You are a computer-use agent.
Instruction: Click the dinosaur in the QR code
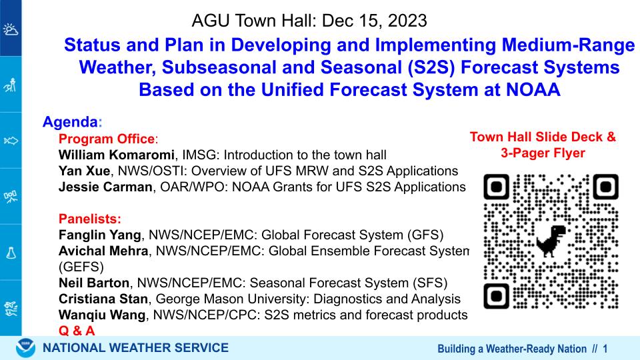coord(551,241)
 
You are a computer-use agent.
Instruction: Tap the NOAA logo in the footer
coord(26,348)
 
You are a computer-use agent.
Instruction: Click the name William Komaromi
coord(116,155)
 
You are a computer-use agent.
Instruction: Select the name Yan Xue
coord(84,171)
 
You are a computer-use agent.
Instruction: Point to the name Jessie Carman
coord(105,187)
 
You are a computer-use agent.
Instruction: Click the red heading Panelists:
coord(90,219)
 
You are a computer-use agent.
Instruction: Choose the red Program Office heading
coord(107,139)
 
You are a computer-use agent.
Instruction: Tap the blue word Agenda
coord(70,121)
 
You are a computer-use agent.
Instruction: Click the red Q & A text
coord(77,330)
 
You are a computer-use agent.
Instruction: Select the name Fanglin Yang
coord(99,235)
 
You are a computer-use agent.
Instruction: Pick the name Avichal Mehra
coord(103,251)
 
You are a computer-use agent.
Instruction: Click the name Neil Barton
coord(94,283)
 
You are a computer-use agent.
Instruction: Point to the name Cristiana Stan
coord(103,299)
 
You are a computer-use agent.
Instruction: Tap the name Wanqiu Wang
coord(101,315)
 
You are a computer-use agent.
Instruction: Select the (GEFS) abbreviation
coord(81,267)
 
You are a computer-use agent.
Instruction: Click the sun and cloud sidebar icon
coord(11,29)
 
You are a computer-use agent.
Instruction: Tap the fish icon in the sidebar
coord(11,141)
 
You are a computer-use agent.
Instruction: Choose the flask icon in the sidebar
coord(11,253)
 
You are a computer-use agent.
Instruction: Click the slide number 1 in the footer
coord(605,349)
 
